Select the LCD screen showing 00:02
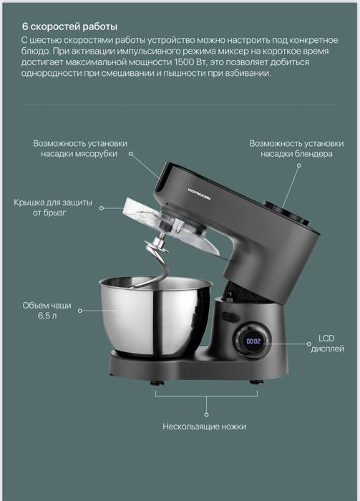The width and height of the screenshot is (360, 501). (x=253, y=341)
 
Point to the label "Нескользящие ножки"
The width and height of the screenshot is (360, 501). (x=204, y=426)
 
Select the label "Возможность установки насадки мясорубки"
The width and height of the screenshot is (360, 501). (x=74, y=148)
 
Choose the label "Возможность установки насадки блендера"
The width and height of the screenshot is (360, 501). (x=291, y=148)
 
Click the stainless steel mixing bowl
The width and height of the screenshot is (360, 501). (x=154, y=314)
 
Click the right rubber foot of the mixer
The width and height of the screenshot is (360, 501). (x=255, y=384)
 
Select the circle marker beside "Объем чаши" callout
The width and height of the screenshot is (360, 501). (x=79, y=311)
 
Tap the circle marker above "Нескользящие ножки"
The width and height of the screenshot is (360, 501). (x=206, y=413)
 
